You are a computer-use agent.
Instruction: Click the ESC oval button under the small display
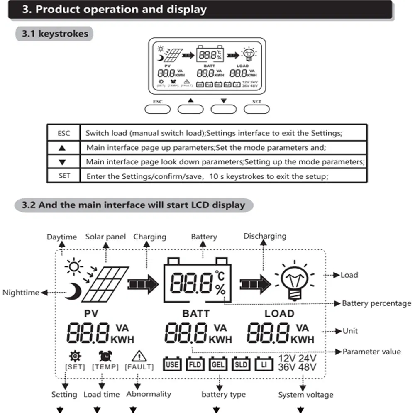point(158,109)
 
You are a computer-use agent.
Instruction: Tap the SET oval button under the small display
point(256,109)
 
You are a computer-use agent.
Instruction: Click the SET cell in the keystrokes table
point(64,176)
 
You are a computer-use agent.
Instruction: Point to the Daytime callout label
point(61,237)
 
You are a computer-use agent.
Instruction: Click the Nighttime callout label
point(21,293)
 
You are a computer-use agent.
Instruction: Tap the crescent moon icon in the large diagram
point(73,291)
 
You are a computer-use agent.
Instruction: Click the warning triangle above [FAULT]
point(139,356)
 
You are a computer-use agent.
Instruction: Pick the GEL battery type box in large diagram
point(218,364)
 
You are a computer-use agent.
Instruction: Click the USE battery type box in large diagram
point(172,364)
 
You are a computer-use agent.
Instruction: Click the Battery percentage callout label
point(376,303)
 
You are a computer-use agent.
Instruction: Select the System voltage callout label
point(305,394)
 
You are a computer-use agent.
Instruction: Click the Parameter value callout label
point(371,352)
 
